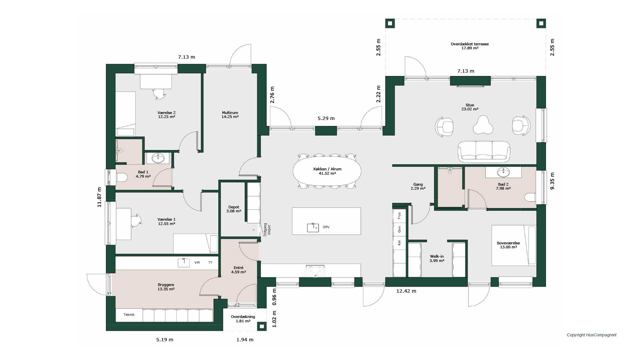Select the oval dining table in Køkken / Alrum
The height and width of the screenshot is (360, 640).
coord(327,171)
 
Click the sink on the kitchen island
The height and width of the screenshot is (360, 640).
coord(313,228)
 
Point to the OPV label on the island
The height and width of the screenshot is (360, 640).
coord(326,227)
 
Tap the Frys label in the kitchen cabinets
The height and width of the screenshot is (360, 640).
coord(399,216)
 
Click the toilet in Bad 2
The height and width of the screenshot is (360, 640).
coord(530,197)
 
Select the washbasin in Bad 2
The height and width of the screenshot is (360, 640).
coord(503,172)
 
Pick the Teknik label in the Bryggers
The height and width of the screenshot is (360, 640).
coord(129,315)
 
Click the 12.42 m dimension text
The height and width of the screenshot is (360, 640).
coord(406,291)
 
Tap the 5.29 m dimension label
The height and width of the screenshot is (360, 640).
coord(326,118)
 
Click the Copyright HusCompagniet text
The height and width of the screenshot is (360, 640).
coord(591,335)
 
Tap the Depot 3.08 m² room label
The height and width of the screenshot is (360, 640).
coord(234,209)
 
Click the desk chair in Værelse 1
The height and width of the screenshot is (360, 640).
coord(136,220)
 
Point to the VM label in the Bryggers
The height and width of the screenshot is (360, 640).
coord(197,263)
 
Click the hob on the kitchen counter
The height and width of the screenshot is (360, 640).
coord(315,271)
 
